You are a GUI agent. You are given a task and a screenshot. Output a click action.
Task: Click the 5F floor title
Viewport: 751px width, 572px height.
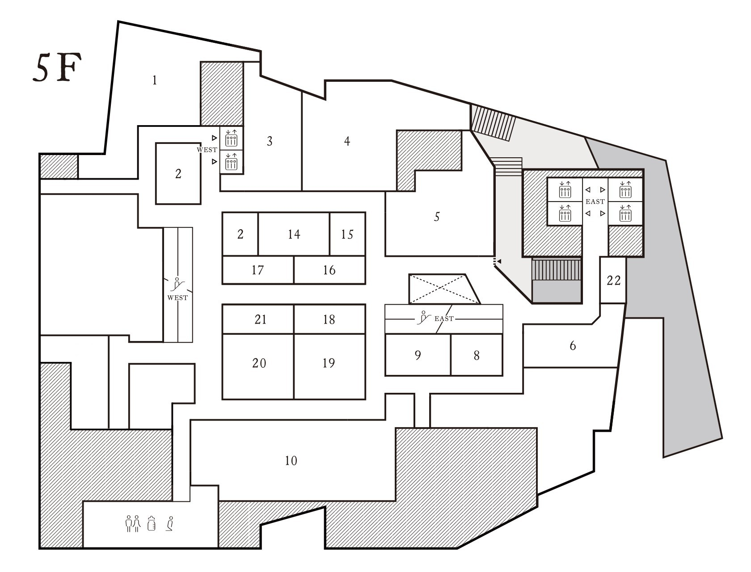(57, 67)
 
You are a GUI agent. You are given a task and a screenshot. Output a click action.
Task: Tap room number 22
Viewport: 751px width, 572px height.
(613, 281)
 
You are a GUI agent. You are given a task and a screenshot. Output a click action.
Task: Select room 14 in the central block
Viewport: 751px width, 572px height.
(294, 234)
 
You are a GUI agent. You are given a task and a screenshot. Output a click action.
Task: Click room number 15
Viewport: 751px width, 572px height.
(347, 234)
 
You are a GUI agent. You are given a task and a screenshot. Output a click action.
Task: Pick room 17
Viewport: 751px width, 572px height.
(257, 270)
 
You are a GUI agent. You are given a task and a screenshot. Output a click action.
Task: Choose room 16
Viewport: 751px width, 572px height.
(329, 270)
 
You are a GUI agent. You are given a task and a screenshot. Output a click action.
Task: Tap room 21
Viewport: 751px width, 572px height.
(260, 320)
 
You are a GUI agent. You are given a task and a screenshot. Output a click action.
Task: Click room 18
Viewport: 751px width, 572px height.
(329, 320)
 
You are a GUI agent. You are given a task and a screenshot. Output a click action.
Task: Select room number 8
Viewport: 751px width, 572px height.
(477, 356)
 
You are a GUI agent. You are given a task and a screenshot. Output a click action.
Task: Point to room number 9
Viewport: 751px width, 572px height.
(418, 355)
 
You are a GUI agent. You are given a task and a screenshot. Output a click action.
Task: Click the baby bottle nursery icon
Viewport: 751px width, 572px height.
(151, 523)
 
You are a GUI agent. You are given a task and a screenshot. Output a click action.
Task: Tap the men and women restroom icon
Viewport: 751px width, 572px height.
(133, 524)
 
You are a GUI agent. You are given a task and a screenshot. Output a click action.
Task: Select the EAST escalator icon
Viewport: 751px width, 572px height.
(424, 318)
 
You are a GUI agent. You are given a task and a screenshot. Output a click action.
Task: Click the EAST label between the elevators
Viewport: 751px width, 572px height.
(595, 202)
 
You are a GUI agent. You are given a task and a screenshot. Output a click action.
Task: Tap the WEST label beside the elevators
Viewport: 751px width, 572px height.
(207, 150)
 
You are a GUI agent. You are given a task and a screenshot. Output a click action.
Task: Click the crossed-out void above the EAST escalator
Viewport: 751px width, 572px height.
(444, 289)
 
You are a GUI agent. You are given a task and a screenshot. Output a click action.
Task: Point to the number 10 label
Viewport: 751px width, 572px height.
(291, 461)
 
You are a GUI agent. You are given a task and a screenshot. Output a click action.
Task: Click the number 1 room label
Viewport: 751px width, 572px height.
(155, 80)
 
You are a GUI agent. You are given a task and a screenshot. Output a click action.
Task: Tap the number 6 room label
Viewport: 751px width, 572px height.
(573, 346)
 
